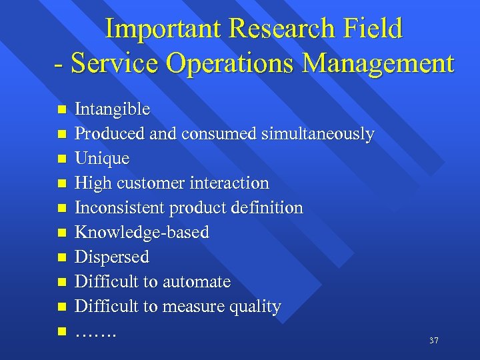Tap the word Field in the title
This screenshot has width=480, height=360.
(373, 29)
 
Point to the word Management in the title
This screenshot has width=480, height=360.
(378, 63)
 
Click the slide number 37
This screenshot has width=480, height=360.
(433, 341)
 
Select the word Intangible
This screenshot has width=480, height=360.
(112, 109)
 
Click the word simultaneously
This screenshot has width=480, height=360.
(317, 134)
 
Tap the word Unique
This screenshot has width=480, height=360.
(102, 159)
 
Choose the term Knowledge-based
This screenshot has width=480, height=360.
(141, 233)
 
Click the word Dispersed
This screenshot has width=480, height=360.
(111, 257)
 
